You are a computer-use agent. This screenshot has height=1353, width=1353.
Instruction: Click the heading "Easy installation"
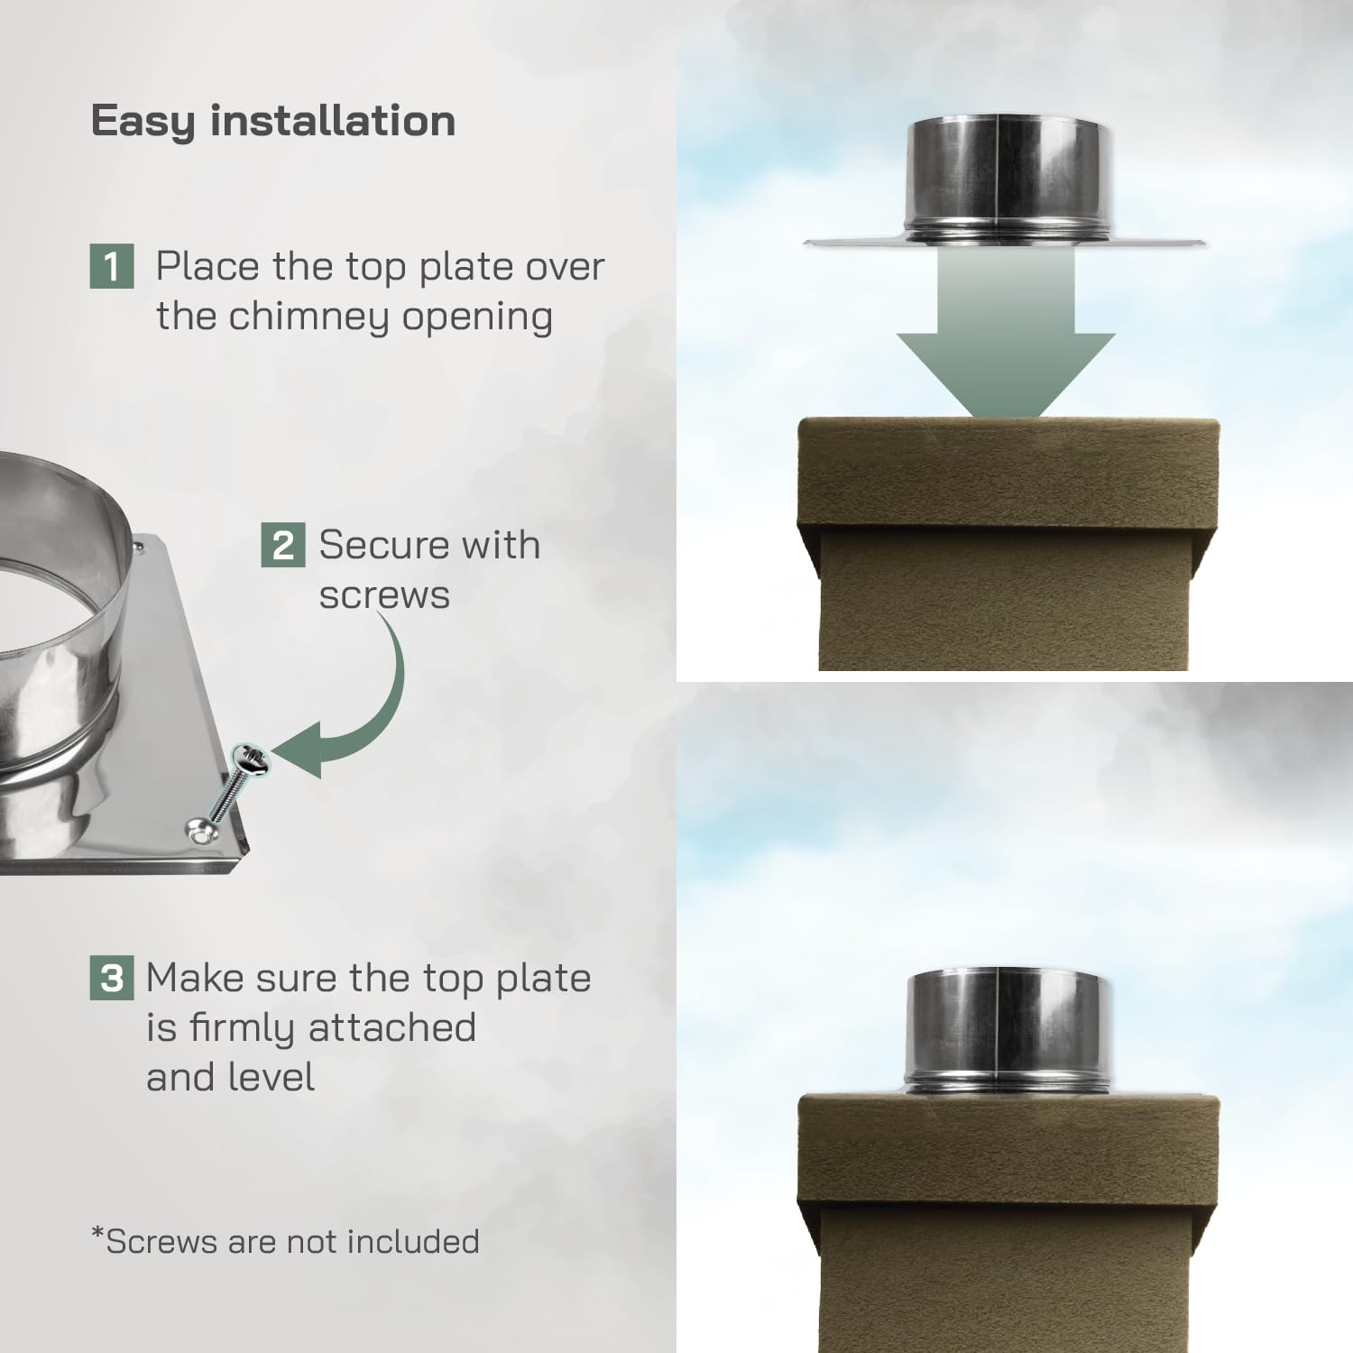pyautogui.click(x=272, y=121)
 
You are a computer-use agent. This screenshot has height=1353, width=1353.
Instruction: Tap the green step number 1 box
pyautogui.click(x=112, y=267)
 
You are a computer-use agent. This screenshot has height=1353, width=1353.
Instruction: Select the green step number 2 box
pyautogui.click(x=282, y=545)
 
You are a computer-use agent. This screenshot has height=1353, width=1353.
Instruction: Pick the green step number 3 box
pyautogui.click(x=112, y=978)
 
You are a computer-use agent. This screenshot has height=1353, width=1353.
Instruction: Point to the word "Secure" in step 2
pyautogui.click(x=382, y=545)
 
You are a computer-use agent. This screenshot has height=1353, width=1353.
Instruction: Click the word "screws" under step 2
pyautogui.click(x=384, y=595)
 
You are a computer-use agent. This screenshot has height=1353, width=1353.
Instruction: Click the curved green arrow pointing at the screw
pyautogui.click(x=356, y=713)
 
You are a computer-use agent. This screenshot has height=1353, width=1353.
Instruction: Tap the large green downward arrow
pyautogui.click(x=1006, y=343)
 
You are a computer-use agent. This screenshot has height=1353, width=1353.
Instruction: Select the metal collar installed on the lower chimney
pyautogui.click(x=1005, y=1033)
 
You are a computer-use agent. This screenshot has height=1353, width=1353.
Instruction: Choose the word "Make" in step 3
pyautogui.click(x=193, y=979)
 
